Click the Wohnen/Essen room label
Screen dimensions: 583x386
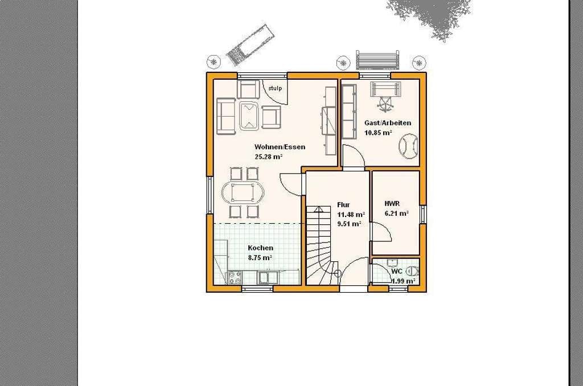[280, 147]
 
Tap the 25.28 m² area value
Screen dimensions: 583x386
[269, 157]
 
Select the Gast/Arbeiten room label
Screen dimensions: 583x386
[388, 123]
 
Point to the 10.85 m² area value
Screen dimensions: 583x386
[378, 133]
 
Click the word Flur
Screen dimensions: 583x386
[343, 205]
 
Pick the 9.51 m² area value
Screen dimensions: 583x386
[349, 224]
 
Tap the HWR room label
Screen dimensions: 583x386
[392, 204]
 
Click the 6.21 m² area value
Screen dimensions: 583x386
[396, 213]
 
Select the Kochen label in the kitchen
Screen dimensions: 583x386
[261, 248]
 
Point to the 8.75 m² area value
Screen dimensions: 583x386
[260, 257]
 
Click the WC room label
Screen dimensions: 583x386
[396, 272]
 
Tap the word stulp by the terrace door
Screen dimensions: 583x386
[275, 88]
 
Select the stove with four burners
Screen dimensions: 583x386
[235, 277]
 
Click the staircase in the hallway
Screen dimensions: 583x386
[321, 245]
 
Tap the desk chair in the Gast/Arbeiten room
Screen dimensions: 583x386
[385, 102]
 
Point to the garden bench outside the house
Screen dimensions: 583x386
[378, 60]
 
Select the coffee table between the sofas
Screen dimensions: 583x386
[249, 116]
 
